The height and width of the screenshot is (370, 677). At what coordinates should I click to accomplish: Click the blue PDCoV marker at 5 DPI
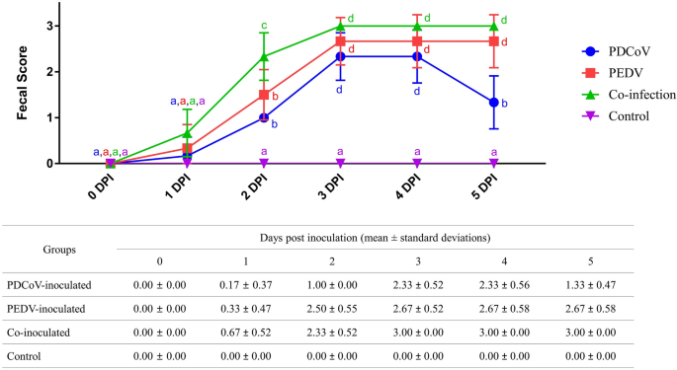click(494, 102)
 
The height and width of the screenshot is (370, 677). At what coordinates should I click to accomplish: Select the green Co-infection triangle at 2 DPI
click(264, 57)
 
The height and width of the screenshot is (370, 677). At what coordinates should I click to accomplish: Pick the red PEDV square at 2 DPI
click(264, 95)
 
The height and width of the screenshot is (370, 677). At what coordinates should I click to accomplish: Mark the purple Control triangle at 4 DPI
click(417, 163)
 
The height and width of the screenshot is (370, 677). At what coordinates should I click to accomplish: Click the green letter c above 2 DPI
click(264, 26)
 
